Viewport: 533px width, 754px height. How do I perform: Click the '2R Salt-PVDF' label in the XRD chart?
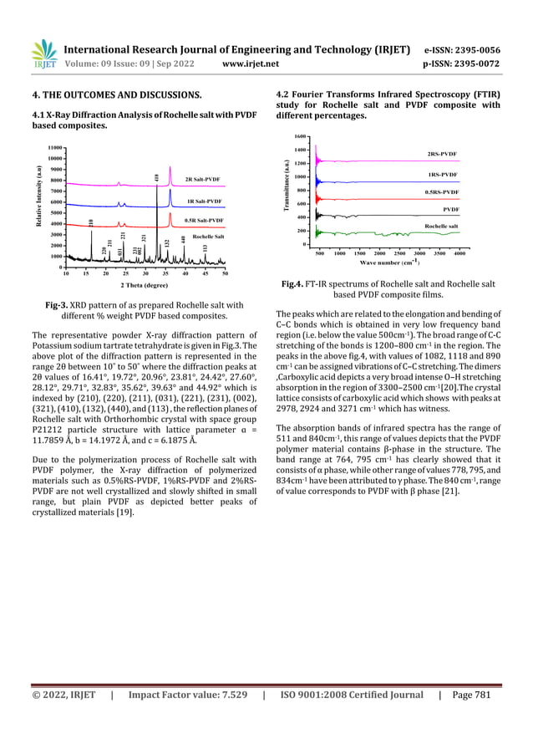201,179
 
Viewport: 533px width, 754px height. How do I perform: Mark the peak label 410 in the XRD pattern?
156,176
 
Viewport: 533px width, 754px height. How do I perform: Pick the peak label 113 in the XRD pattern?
205,248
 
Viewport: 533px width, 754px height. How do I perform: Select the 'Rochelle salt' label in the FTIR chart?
441,227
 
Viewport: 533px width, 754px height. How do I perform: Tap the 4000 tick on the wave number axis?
459,252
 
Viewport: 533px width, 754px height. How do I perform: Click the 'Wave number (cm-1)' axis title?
389,262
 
